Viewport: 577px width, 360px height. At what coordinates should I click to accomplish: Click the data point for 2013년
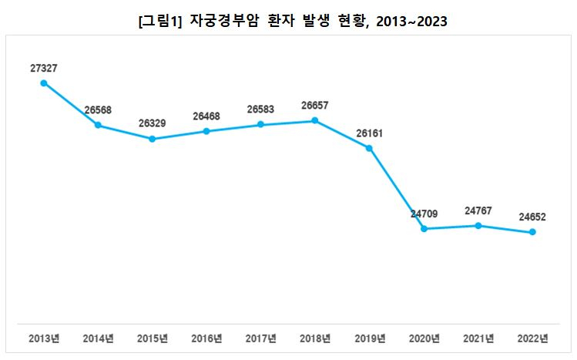[x=44, y=83]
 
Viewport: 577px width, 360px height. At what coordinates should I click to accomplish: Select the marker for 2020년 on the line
[x=424, y=229]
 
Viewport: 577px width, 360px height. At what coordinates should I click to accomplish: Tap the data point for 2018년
[x=315, y=120]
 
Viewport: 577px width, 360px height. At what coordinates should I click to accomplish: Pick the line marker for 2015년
[x=153, y=139]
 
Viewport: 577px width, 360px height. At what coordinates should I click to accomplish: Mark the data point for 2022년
[x=532, y=232]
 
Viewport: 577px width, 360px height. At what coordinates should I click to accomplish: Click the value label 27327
[x=44, y=69]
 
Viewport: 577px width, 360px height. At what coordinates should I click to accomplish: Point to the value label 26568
[x=98, y=110]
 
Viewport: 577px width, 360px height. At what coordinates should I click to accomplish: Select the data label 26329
[x=153, y=123]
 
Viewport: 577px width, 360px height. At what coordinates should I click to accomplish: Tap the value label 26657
[x=315, y=105]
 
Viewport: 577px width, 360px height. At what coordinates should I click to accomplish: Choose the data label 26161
[x=370, y=133]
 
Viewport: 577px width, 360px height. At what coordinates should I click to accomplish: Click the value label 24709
[x=424, y=214]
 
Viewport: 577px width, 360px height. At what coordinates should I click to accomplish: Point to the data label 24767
[x=478, y=210]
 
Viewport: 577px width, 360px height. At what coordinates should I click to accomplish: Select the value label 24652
[x=532, y=217]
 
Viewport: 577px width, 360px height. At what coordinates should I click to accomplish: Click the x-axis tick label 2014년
[x=98, y=338]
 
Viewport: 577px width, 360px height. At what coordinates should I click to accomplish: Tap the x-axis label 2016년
[x=206, y=338]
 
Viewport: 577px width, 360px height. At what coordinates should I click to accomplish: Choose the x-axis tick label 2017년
[x=261, y=338]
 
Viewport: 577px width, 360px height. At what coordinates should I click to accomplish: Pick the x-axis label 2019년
[x=370, y=338]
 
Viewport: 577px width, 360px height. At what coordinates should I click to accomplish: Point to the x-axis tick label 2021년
[x=478, y=338]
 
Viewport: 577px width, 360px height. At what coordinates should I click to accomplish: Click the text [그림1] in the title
[x=160, y=22]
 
